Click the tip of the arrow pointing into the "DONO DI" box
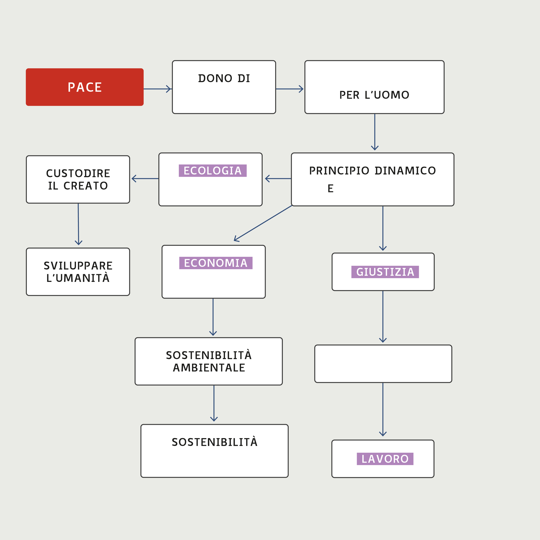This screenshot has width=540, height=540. pyautogui.click(x=171, y=89)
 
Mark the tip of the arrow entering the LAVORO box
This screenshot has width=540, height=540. pyautogui.click(x=383, y=436)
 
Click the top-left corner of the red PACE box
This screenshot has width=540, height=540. pyautogui.click(x=26, y=68)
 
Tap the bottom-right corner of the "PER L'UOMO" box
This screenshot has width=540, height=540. pyautogui.click(x=444, y=113)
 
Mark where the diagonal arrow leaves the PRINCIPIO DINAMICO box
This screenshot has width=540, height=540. pyautogui.click(x=292, y=206)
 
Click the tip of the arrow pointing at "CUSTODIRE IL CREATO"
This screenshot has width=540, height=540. pyautogui.click(x=132, y=179)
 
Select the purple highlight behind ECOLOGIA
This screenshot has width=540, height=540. pyautogui.click(x=213, y=170)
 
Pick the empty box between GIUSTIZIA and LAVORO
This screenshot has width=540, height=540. pyautogui.click(x=383, y=364)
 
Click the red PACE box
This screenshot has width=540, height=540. pyautogui.click(x=85, y=87)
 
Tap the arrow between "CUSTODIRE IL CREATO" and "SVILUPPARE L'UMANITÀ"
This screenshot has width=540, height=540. pyautogui.click(x=78, y=224)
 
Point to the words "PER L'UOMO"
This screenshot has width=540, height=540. pyautogui.click(x=374, y=95)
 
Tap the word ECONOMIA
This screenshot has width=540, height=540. pyautogui.click(x=216, y=263)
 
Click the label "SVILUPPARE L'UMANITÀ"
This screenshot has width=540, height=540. pyautogui.click(x=78, y=272)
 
